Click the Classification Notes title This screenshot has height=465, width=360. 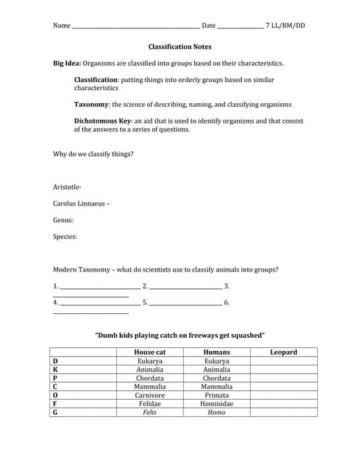(x=180, y=46)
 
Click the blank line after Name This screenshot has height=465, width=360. (x=135, y=27)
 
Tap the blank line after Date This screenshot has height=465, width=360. (x=240, y=27)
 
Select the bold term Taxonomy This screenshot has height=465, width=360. (x=92, y=105)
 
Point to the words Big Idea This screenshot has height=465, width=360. (x=68, y=63)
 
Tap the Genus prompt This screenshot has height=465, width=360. (x=63, y=219)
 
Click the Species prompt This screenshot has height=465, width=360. (x=65, y=236)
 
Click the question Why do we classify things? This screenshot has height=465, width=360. (x=93, y=154)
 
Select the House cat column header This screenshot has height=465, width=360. (x=151, y=352)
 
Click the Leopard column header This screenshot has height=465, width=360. (x=283, y=352)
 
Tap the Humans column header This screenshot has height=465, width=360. (x=217, y=352)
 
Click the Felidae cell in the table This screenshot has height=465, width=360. (x=151, y=403)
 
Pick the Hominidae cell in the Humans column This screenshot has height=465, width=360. (x=217, y=403)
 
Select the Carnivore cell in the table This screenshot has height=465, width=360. (x=151, y=395)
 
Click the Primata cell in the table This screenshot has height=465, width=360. (x=217, y=395)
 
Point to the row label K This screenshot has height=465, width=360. (x=55, y=369)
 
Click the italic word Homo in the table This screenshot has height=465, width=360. (x=217, y=412)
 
